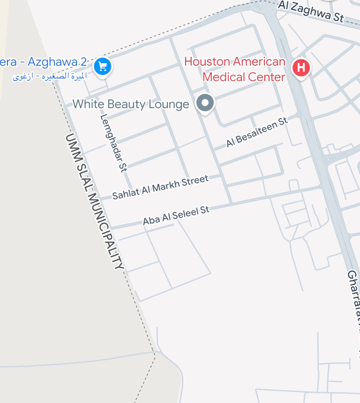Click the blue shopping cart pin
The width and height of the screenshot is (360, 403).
click(103, 66)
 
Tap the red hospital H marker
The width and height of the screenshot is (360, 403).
click(301, 67)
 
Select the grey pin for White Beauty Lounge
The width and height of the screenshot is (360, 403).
click(205, 103)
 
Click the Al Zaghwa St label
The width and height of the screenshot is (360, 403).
click(311, 12)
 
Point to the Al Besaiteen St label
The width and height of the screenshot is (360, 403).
click(257, 132)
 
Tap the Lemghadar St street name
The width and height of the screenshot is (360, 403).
click(113, 143)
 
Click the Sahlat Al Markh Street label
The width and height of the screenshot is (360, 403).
click(160, 187)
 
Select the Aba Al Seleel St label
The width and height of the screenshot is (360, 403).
click(176, 216)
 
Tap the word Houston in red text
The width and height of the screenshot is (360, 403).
click(207, 62)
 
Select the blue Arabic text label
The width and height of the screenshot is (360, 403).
click(50, 77)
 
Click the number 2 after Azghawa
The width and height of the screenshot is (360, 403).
click(83, 62)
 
